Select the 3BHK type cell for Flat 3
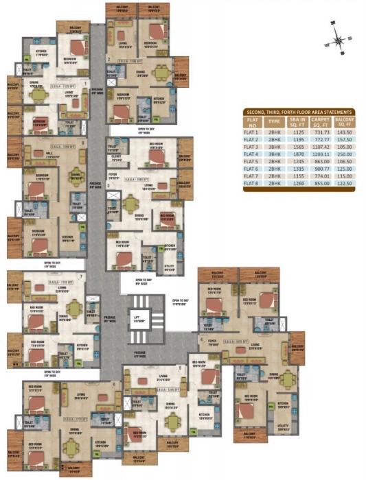(275, 147)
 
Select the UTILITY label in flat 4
(283, 425)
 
